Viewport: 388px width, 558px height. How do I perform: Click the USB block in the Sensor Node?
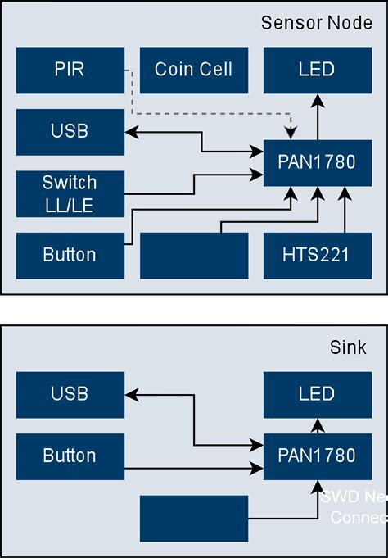(70, 131)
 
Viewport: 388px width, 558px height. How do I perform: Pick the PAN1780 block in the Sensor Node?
(317, 162)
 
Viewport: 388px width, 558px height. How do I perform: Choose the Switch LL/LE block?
(70, 193)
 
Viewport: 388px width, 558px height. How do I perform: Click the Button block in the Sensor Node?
(70, 255)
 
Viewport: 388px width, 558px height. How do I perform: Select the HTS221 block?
(317, 255)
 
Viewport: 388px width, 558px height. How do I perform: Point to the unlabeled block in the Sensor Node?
(193, 255)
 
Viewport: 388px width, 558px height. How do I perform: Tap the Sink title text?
(349, 348)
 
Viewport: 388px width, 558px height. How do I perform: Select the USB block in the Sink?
(70, 394)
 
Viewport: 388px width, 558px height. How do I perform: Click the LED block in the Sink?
(317, 394)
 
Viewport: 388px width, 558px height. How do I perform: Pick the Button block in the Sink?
(70, 456)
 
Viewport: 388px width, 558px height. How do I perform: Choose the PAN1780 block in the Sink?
(317, 456)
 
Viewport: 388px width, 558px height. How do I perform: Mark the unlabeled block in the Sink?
(193, 518)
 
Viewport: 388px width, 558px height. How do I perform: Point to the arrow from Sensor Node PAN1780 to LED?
(317, 116)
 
